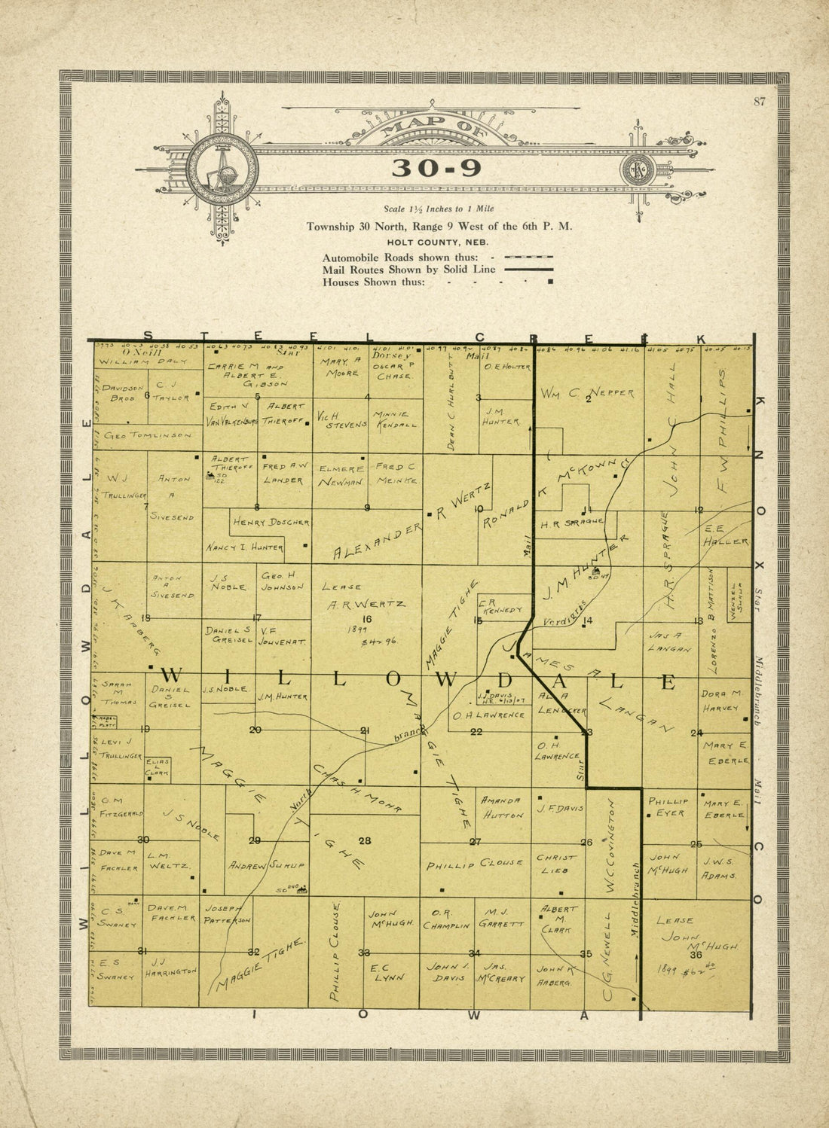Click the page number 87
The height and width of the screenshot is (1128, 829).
758,102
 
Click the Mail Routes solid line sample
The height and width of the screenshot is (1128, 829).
528,269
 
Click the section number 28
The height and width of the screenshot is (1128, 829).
365,840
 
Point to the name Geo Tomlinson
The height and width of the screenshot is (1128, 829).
148,436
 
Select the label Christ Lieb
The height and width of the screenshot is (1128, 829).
556,864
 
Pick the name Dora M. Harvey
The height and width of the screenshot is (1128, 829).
723,700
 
